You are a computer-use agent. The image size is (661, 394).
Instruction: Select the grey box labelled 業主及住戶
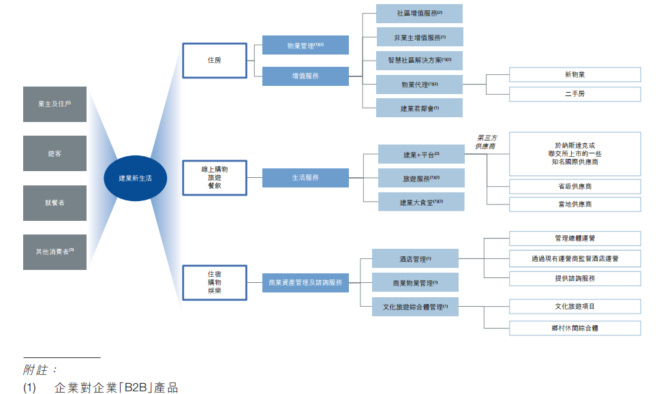(x=55, y=104)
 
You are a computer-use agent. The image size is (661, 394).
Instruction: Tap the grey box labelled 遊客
(x=55, y=153)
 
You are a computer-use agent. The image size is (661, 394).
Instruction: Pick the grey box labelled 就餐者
(x=55, y=203)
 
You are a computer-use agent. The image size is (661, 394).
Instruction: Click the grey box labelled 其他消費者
(x=55, y=252)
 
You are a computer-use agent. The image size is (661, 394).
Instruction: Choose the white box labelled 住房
(x=214, y=60)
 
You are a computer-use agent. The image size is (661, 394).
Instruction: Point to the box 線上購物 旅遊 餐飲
(x=214, y=178)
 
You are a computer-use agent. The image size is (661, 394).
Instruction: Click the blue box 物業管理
(x=305, y=46)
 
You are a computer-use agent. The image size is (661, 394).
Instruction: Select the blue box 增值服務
(x=305, y=76)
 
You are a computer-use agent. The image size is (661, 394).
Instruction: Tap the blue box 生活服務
(x=305, y=178)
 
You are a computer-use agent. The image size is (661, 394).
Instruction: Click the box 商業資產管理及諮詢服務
(x=305, y=282)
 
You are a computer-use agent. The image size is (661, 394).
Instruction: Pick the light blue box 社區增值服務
(x=419, y=14)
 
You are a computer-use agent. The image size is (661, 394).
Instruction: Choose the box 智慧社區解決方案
(x=419, y=61)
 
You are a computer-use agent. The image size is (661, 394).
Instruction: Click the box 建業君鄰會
(x=419, y=108)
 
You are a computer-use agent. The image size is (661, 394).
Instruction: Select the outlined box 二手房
(x=574, y=94)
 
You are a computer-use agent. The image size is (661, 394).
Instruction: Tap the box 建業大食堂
(x=421, y=202)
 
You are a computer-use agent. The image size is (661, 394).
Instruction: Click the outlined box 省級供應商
(x=574, y=186)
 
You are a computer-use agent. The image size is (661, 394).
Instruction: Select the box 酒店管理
(x=415, y=259)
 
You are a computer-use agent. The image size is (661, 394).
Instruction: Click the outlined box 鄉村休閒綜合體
(x=574, y=328)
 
